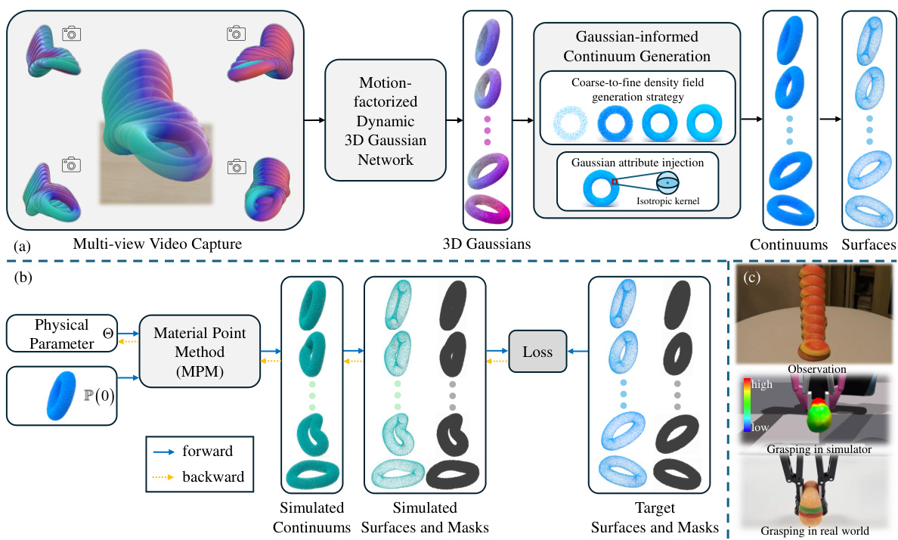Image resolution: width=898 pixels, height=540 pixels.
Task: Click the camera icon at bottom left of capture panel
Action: click(x=71, y=163)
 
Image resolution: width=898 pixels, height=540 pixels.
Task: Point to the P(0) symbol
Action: click(x=98, y=396)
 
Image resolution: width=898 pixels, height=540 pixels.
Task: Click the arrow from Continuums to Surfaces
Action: click(x=828, y=119)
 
